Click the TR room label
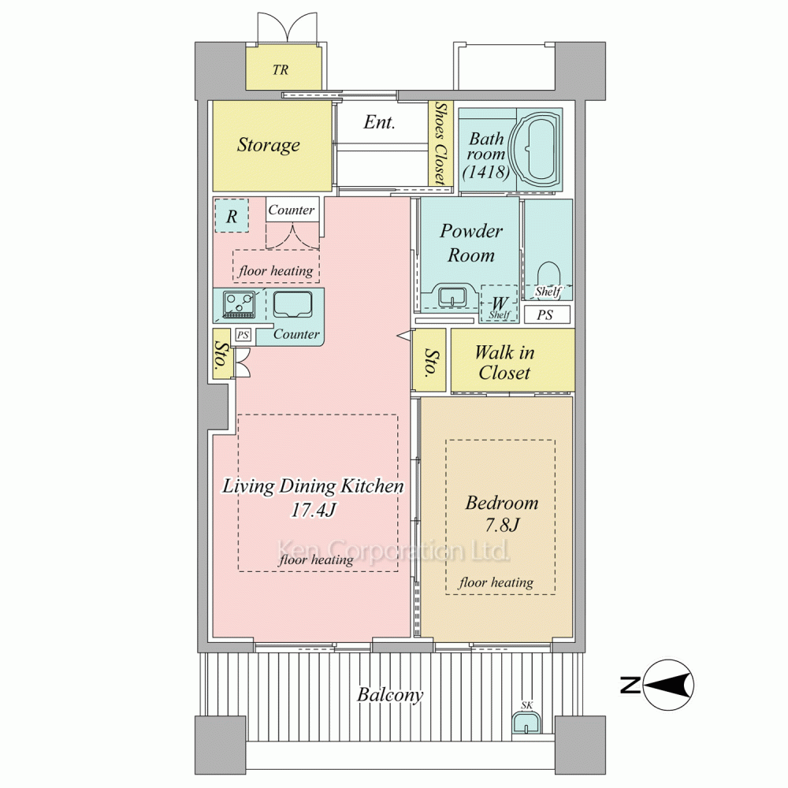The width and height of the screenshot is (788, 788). (281, 70)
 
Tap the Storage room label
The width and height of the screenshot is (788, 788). (269, 145)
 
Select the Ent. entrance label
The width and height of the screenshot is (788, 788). (379, 122)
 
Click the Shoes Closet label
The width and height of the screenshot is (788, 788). (440, 143)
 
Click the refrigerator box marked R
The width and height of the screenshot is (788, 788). (231, 216)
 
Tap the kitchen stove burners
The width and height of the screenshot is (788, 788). (239, 304)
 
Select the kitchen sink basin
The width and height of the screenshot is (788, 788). (292, 304)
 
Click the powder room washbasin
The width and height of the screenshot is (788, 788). (453, 295)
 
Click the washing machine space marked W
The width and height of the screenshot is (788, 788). (499, 304)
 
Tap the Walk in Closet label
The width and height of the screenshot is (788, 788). (504, 362)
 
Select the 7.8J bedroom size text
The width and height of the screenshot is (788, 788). (502, 525)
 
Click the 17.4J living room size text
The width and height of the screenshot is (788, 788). (313, 510)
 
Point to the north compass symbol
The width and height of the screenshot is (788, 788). (668, 685)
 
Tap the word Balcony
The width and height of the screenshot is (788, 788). (390, 695)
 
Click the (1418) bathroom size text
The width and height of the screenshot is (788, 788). (486, 173)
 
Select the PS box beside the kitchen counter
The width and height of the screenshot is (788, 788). (243, 335)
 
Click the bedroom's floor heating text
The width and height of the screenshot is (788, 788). (496, 582)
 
